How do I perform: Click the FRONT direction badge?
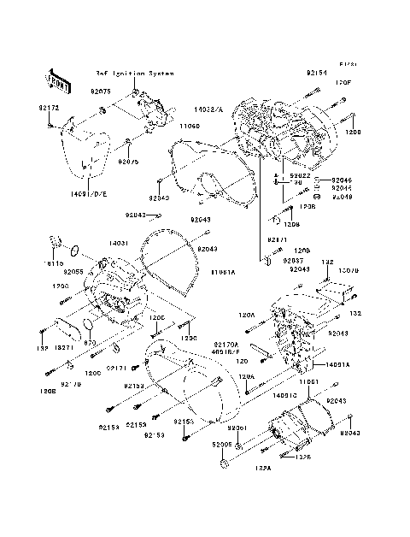coord(58,80)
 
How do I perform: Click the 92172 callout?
coord(49,109)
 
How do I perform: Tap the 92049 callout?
coord(341,195)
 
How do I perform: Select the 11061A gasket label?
coord(224,271)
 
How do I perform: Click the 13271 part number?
coord(65,349)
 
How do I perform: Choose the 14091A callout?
coord(337,363)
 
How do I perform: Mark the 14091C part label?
coord(285,394)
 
